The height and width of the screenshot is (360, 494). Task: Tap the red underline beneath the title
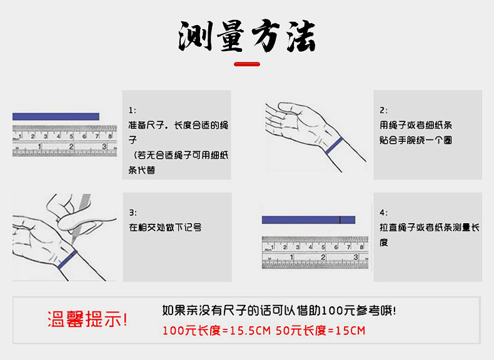(x=246, y=64)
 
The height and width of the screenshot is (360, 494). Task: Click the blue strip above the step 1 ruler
(x=56, y=116)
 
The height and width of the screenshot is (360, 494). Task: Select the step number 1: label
(x=133, y=110)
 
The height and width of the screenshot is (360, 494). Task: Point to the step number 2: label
(x=383, y=110)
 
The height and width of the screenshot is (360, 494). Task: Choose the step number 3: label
(x=133, y=212)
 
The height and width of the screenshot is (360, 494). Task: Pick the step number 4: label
(x=383, y=212)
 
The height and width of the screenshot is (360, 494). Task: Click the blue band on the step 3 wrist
(x=67, y=259)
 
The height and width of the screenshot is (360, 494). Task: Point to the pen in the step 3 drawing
(x=80, y=219)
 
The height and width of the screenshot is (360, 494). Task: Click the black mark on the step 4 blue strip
(x=339, y=219)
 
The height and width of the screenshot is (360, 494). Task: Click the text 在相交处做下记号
(x=165, y=227)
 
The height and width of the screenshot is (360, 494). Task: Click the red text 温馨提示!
(x=88, y=319)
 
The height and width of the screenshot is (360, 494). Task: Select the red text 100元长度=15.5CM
(x=216, y=330)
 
